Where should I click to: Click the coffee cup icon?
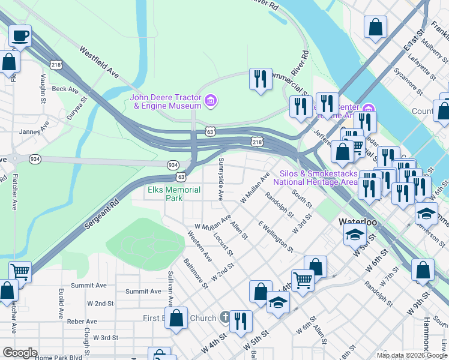click(x=20, y=35)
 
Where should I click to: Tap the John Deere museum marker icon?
click(x=211, y=100)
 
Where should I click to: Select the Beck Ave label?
click(x=65, y=89)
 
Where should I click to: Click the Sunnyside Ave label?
click(x=221, y=179)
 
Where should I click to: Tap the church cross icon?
click(x=225, y=317)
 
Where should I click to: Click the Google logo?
click(x=20, y=352)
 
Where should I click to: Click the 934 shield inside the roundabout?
click(x=35, y=159)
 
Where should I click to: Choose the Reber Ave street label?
click(x=82, y=322)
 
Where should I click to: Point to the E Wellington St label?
click(x=276, y=236)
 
